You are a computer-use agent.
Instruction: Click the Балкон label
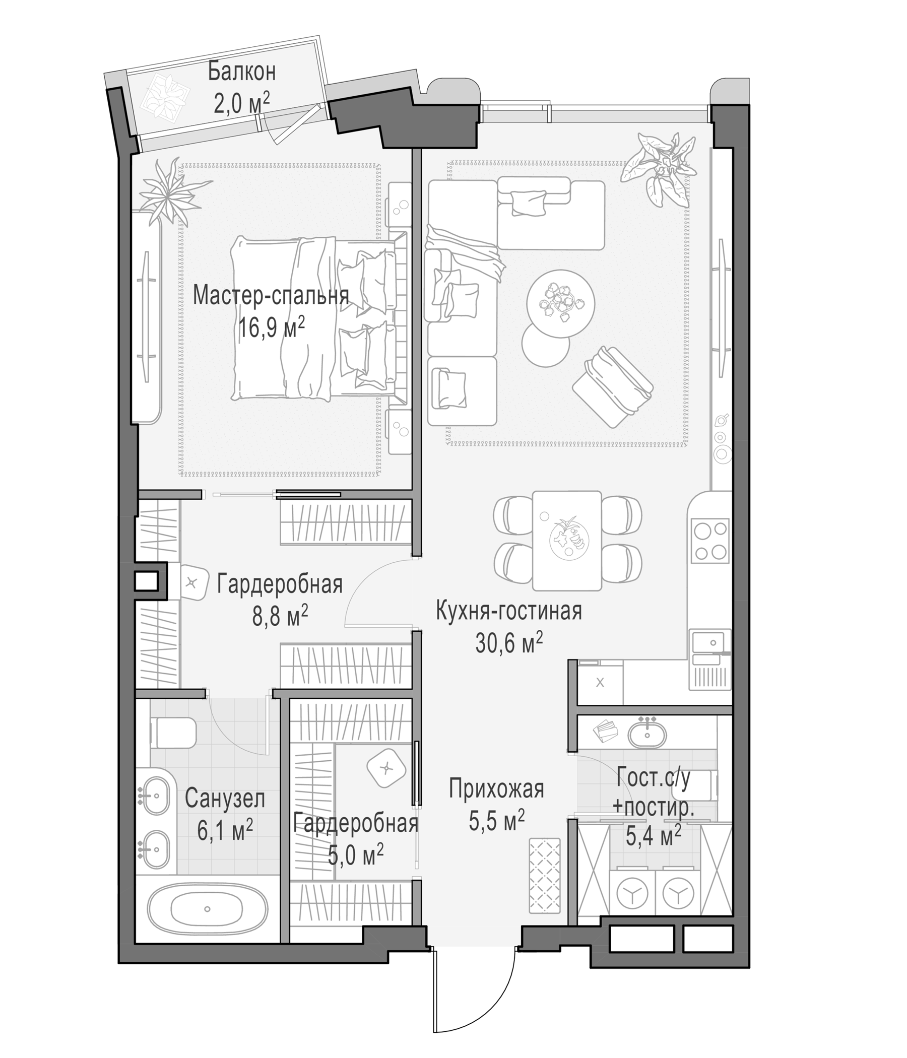tap(241, 72)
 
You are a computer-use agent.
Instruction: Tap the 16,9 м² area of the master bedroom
tap(272, 327)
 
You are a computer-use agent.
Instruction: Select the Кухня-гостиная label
tap(508, 611)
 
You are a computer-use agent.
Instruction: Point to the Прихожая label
tap(496, 789)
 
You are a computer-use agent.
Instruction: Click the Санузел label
tap(225, 799)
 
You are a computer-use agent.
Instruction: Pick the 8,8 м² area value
tap(280, 615)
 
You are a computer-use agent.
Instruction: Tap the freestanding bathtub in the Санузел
tap(207, 909)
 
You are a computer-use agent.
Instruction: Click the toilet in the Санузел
tap(174, 733)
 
